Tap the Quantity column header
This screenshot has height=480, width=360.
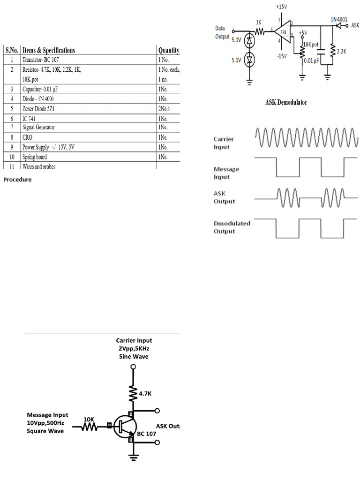pos(169,50)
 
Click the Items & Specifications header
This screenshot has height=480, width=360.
pos(48,50)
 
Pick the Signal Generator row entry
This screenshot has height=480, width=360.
pos(38,127)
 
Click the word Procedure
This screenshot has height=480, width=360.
pos(17,179)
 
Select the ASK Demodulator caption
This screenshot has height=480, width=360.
pos(286,103)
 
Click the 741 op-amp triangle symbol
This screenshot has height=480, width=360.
pos(282,32)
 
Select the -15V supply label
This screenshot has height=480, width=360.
pos(282,56)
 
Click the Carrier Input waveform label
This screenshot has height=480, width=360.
pos(224,143)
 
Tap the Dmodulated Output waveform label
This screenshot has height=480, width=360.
pos(232,227)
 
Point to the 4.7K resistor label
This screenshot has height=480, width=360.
pos(145,394)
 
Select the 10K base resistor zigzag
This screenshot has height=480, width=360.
pos(89,427)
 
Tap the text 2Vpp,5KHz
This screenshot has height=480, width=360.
pos(134,348)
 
